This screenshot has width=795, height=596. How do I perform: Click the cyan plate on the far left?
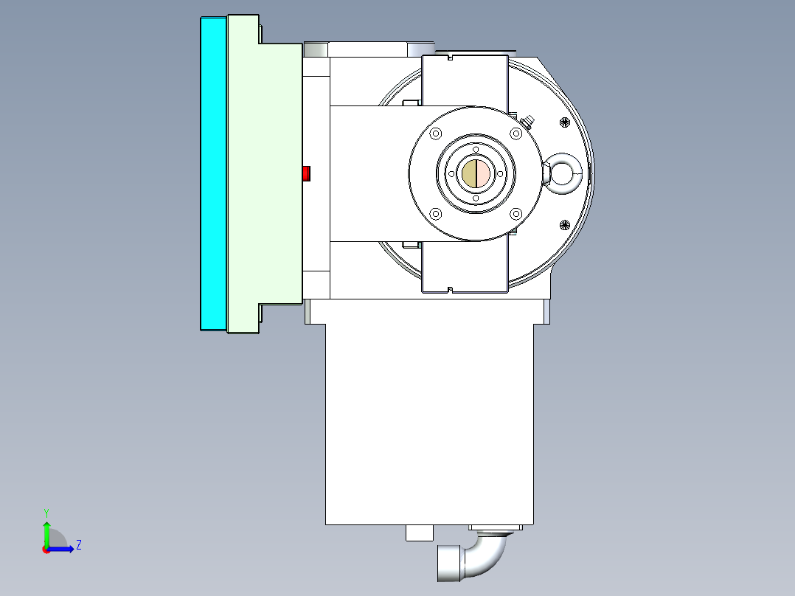coord(213,173)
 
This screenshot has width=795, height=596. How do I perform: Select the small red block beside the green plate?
coord(307,173)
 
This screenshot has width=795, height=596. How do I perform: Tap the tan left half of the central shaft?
coord(469,174)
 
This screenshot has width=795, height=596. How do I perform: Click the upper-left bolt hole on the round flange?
coord(435,134)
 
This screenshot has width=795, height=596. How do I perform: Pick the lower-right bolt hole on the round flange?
coord(516,214)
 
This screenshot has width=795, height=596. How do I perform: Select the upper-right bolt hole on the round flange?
coord(516,134)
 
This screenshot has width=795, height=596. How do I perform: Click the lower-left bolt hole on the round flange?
coord(435,214)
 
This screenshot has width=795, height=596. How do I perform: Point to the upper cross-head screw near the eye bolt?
coord(566,122)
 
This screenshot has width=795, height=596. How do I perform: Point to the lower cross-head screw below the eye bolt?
coord(566,225)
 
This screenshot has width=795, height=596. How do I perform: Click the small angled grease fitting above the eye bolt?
coord(527,121)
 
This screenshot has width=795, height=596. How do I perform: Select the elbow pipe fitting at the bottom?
coord(472,559)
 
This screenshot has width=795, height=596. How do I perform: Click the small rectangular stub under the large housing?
coord(420,533)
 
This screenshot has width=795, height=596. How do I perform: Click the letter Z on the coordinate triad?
coord(78,545)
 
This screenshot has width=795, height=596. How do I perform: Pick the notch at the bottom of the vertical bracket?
coord(449,288)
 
